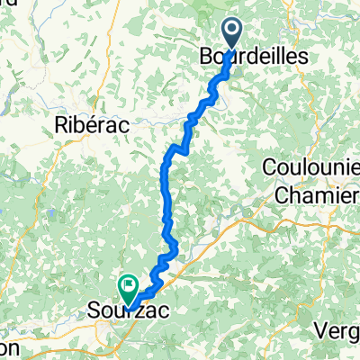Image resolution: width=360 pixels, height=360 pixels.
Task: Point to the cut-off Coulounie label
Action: point(310,167)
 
